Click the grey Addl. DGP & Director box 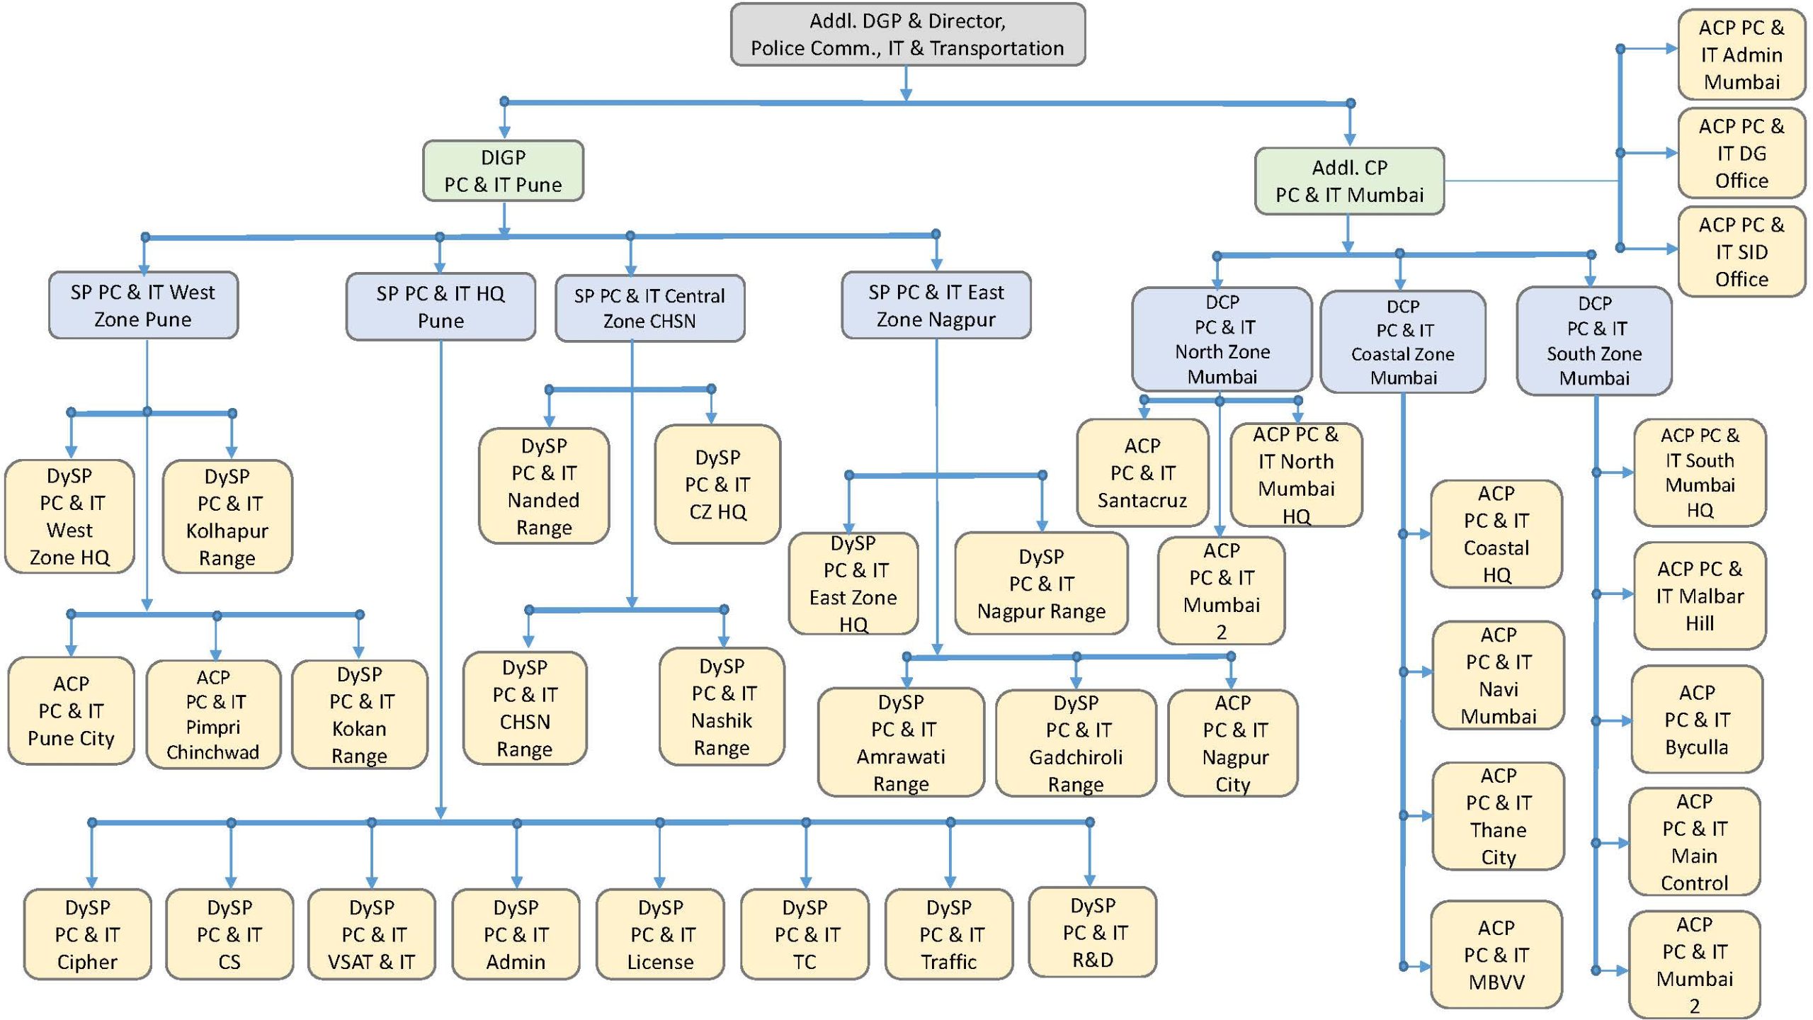pyautogui.click(x=907, y=35)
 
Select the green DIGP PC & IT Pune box pyautogui.click(x=503, y=171)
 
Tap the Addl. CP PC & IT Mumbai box pyautogui.click(x=1349, y=181)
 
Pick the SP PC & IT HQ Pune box pyautogui.click(x=440, y=307)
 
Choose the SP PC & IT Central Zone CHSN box pyautogui.click(x=649, y=308)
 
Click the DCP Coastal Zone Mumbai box pyautogui.click(x=1402, y=341)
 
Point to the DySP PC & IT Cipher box pyautogui.click(x=87, y=934)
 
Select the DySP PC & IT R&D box pyautogui.click(x=1092, y=932)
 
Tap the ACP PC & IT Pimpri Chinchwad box pyautogui.click(x=213, y=714)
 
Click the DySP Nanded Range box pyautogui.click(x=544, y=486)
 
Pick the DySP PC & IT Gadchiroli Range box pyautogui.click(x=1075, y=743)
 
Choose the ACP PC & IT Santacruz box pyautogui.click(x=1142, y=472)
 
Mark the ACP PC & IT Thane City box pyautogui.click(x=1498, y=816)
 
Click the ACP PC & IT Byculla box pyautogui.click(x=1696, y=719)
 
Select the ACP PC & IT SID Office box pyautogui.click(x=1741, y=251)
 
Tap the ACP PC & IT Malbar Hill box pyautogui.click(x=1699, y=596)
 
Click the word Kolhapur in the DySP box pyautogui.click(x=227, y=531)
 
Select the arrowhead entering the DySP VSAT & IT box pyautogui.click(x=372, y=881)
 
